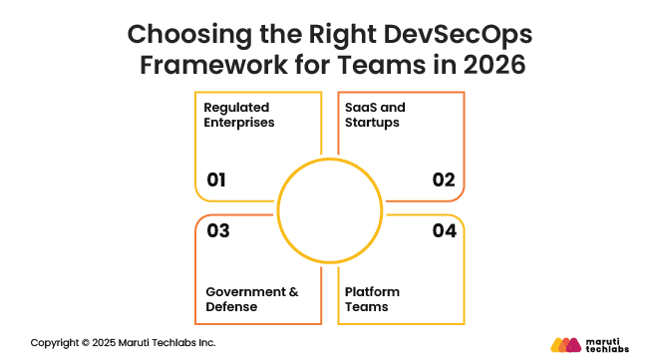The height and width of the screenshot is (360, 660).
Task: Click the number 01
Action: click(216, 180)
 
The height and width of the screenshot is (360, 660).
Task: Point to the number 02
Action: click(444, 180)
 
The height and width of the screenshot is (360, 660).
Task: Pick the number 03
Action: click(217, 231)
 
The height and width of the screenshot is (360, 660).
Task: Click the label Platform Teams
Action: click(372, 299)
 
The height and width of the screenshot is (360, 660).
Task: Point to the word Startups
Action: click(373, 123)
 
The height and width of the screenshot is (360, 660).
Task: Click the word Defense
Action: click(232, 307)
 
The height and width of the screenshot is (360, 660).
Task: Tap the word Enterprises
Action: click(239, 123)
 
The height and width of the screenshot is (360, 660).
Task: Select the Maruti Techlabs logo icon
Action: click(565, 343)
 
